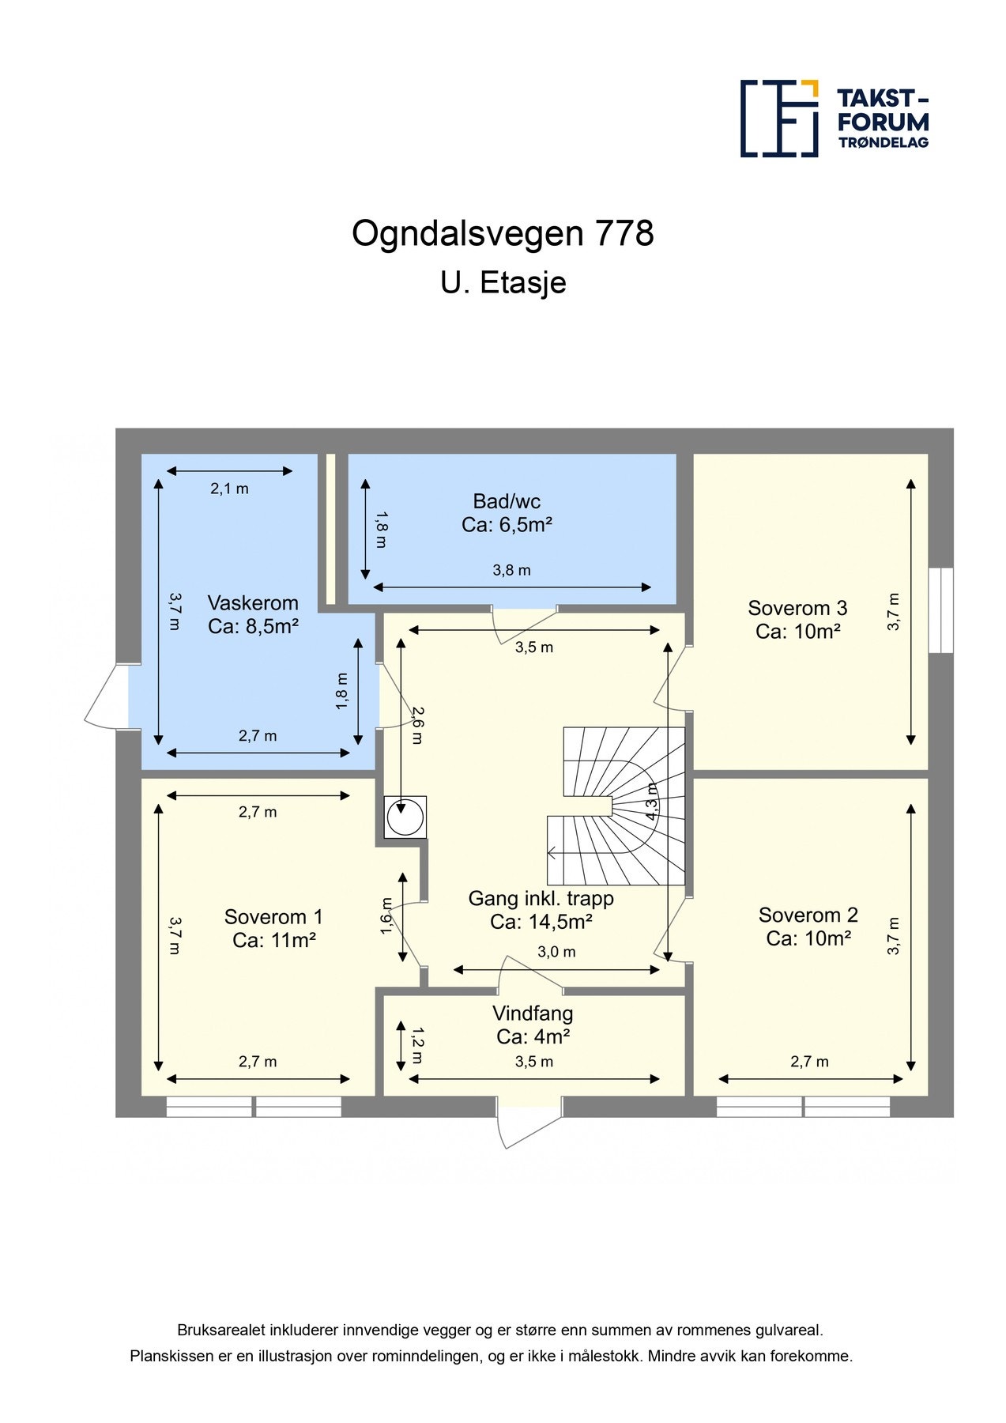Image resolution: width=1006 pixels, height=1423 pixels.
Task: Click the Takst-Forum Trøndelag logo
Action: [x=834, y=118]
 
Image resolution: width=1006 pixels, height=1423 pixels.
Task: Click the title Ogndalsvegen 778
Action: [x=503, y=233]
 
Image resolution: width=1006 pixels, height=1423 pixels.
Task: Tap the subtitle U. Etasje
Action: [x=503, y=282]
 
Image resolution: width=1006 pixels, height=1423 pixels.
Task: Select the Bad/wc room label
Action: [x=507, y=500]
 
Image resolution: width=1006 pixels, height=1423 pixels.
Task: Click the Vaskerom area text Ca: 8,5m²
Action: [x=253, y=627]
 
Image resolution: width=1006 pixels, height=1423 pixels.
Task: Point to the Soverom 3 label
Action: [x=797, y=608]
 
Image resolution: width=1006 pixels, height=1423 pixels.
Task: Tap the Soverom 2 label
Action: [x=808, y=915]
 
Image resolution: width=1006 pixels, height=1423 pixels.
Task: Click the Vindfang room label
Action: [x=533, y=1013]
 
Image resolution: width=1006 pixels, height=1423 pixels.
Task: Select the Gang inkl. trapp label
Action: [x=541, y=898]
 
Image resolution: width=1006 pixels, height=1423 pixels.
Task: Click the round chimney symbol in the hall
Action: [x=405, y=817]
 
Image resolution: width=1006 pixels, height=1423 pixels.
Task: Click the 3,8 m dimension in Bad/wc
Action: [x=511, y=570]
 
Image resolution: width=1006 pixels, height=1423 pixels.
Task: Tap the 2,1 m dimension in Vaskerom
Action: [x=229, y=489]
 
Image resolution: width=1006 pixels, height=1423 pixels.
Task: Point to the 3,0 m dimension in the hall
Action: [x=556, y=952]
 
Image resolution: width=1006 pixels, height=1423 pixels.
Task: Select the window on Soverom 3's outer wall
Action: [x=940, y=610]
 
